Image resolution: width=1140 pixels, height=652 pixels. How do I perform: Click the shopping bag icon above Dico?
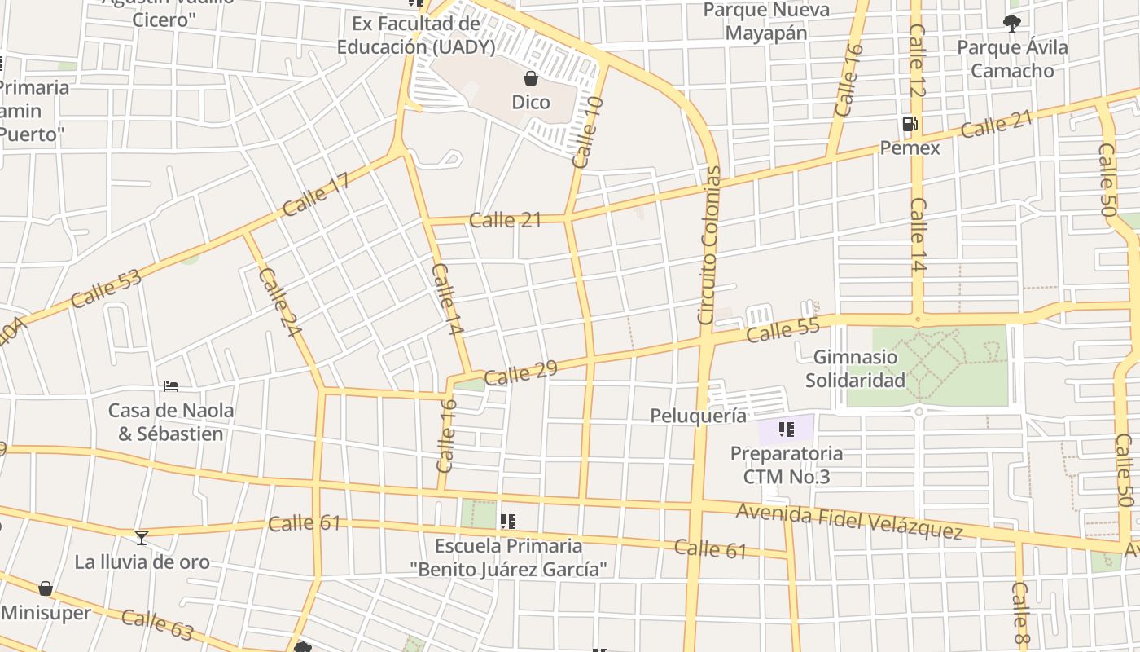coord(531,78)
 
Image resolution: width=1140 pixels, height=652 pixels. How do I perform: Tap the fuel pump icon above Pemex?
coord(910,125)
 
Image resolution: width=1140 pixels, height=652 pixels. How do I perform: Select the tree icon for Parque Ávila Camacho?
coord(1012,23)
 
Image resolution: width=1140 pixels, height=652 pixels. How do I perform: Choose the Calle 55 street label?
coord(783,330)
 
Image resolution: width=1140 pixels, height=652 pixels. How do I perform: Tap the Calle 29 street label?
coord(520,373)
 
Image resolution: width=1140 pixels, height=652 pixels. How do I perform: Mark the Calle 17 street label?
coord(316,195)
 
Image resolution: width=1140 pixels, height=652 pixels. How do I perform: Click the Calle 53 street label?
coord(106,289)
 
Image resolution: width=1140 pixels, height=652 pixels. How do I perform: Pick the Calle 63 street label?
coord(158,624)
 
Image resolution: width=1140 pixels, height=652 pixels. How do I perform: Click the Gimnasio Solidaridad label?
coord(855,368)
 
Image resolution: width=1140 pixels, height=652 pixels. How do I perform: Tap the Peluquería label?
coord(698,416)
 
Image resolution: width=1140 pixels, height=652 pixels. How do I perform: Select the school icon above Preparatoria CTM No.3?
coord(786,429)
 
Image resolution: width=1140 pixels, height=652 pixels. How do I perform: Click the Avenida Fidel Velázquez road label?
coord(849,521)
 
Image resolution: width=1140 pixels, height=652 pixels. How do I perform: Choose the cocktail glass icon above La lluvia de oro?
coord(142,537)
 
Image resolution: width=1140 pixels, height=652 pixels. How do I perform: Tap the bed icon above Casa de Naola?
coord(171,385)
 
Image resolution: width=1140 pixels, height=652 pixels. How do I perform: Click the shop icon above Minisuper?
coord(46,588)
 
